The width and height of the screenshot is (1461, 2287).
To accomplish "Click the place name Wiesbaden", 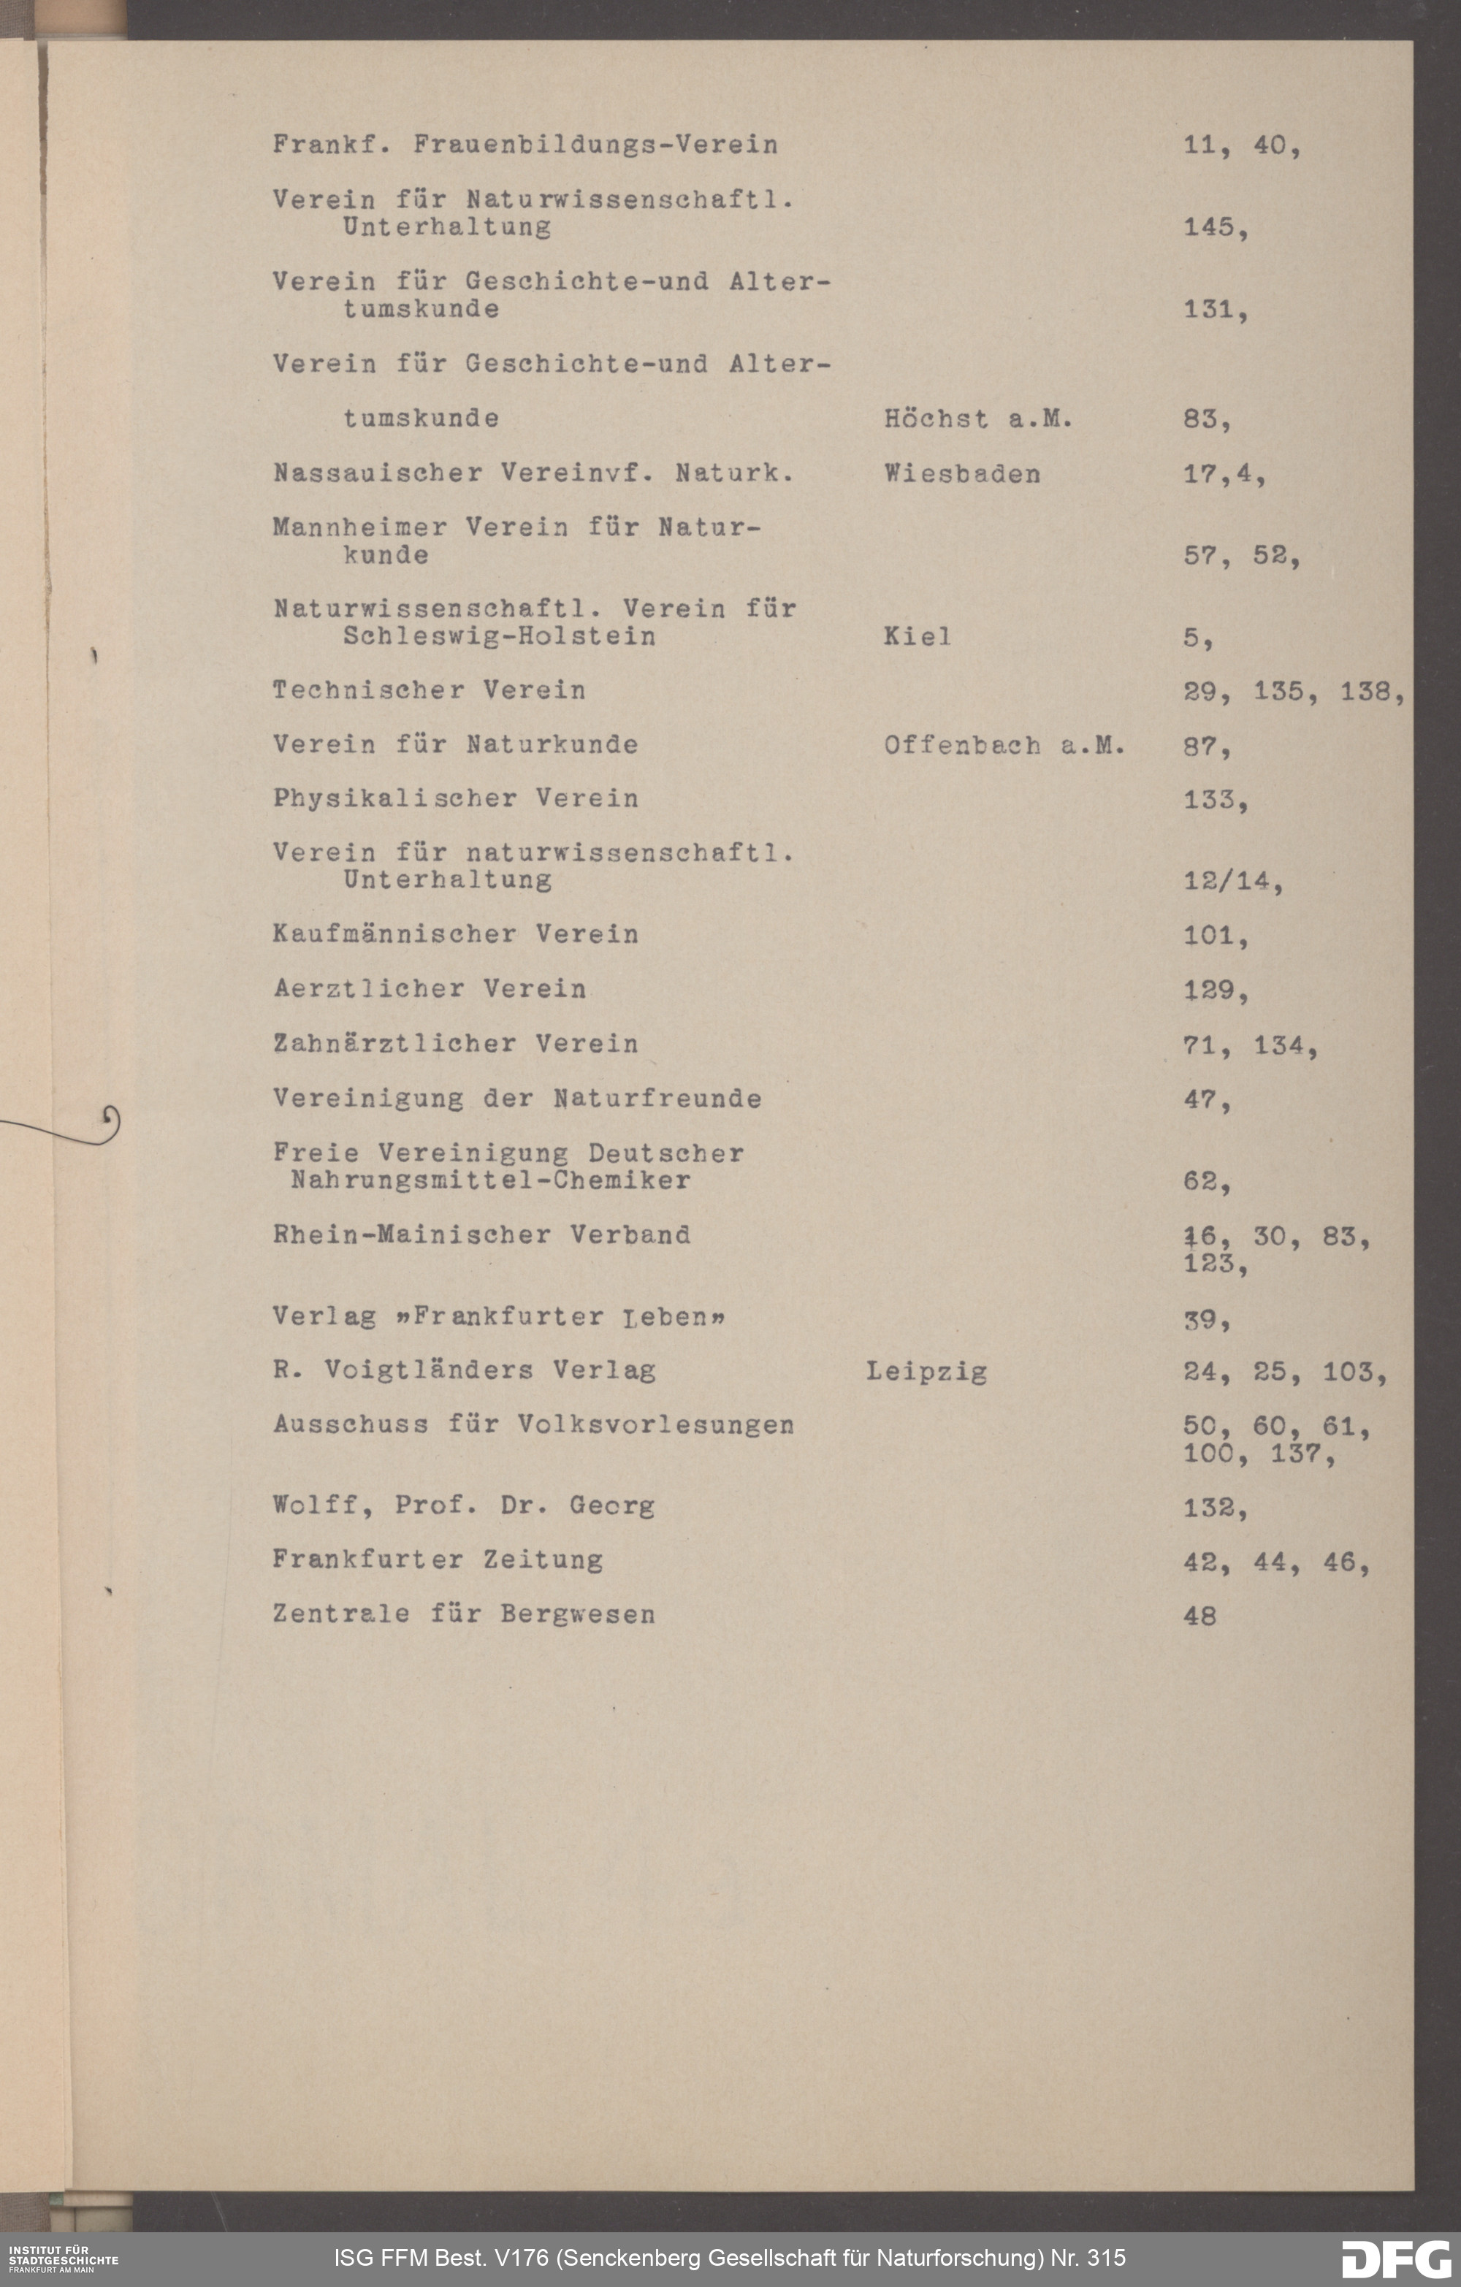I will coord(961,473).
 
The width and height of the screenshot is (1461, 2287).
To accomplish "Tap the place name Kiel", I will coord(917,636).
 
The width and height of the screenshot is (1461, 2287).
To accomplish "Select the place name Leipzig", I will coord(926,1372).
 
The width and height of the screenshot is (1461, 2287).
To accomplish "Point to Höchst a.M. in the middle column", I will coord(977,419).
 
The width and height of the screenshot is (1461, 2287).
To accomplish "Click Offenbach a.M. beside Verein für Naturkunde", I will coord(1004,746).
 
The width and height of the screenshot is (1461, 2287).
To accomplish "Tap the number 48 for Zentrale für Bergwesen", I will coord(1199,1616).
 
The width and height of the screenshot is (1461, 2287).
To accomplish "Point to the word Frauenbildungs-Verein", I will coord(595,145).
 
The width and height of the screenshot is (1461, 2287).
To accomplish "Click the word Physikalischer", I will coord(394,799).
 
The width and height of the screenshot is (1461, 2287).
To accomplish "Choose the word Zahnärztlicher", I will coord(394,1044).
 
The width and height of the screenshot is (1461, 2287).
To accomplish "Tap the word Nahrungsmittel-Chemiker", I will coord(490,1180).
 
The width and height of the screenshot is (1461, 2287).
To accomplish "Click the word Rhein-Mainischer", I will coord(411,1234).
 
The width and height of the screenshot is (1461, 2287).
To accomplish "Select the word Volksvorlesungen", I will coord(655,1424).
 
